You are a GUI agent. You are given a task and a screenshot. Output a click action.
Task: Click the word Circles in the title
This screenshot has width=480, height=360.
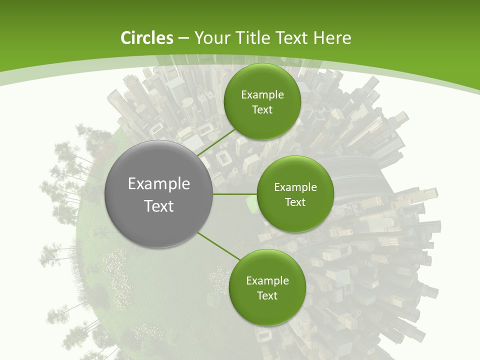click(x=146, y=38)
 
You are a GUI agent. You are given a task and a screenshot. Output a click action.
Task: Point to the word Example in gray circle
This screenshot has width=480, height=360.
click(x=158, y=184)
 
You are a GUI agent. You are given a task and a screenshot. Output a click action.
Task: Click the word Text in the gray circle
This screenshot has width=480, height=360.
click(x=158, y=206)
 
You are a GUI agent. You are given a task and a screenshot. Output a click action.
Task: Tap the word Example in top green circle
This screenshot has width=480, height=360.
click(x=262, y=95)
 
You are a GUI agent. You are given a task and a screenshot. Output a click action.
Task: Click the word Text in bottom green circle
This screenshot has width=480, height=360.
click(x=267, y=295)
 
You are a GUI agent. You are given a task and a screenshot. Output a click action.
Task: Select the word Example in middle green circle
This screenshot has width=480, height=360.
click(x=295, y=187)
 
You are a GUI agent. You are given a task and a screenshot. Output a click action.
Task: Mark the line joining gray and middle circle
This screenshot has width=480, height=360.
click(x=235, y=194)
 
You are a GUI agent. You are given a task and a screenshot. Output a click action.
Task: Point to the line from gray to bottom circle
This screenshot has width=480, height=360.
click(x=219, y=246)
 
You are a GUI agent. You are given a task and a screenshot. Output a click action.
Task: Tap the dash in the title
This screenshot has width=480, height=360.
click(x=183, y=38)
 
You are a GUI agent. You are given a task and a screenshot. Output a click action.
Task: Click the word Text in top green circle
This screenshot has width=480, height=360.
click(x=262, y=110)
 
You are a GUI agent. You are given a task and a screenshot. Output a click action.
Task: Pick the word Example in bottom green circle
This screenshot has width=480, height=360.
click(x=267, y=281)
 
